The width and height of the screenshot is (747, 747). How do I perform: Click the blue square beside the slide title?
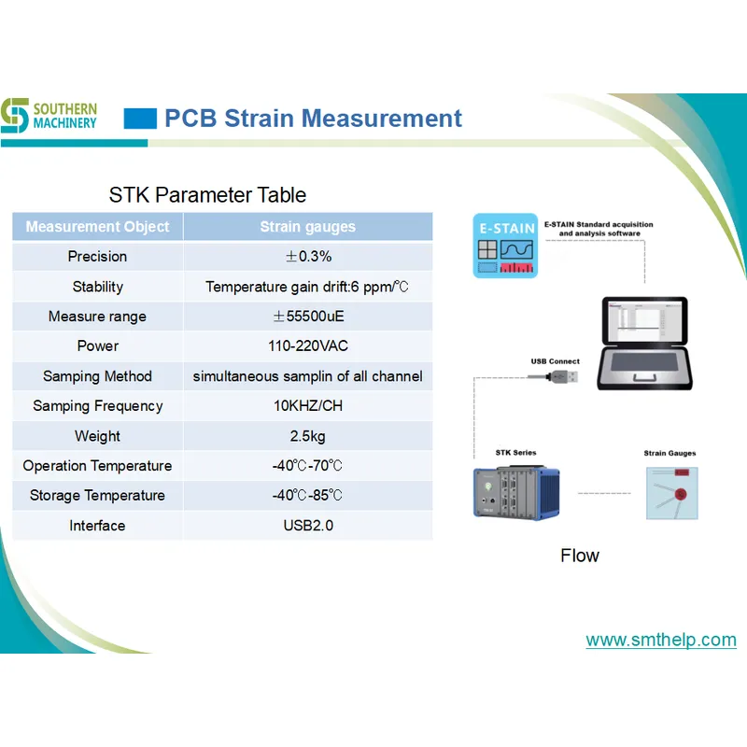click(140, 119)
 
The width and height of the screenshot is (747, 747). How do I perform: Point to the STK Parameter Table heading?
click(207, 195)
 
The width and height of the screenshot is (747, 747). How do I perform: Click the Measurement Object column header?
click(97, 227)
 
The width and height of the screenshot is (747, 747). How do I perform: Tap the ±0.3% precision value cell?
click(307, 257)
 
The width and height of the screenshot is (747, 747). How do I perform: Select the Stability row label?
click(97, 287)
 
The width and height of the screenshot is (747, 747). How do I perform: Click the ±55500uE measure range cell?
click(307, 317)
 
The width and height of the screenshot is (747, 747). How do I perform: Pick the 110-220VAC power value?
click(307, 346)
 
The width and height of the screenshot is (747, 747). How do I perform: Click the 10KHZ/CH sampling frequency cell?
click(307, 406)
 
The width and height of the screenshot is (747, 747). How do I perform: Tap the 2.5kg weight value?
click(307, 436)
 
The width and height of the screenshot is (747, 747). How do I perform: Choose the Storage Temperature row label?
click(97, 496)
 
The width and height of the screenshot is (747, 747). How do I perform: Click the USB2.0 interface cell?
click(307, 526)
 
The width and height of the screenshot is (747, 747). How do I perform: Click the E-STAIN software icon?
click(504, 247)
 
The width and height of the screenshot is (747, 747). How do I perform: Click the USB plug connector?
click(559, 377)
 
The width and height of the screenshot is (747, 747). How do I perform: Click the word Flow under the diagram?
click(579, 556)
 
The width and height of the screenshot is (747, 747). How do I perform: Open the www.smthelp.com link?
click(660, 641)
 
